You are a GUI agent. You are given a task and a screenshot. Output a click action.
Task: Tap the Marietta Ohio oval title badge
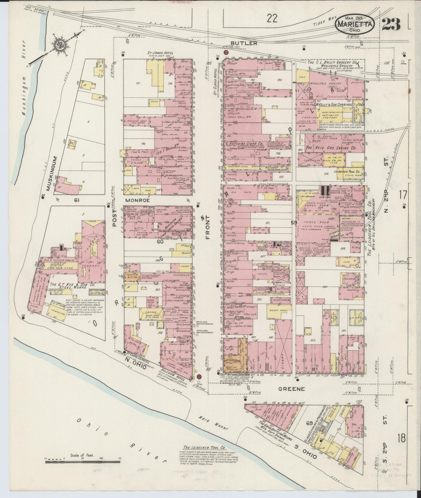pos(355,24)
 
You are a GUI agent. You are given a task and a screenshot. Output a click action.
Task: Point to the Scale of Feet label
pos(82,455)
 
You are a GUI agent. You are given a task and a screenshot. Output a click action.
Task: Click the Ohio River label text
pos(119,437)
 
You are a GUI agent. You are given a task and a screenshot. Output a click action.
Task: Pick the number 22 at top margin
pos(271,19)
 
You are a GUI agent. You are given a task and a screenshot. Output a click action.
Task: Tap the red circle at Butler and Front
pos(226,52)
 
